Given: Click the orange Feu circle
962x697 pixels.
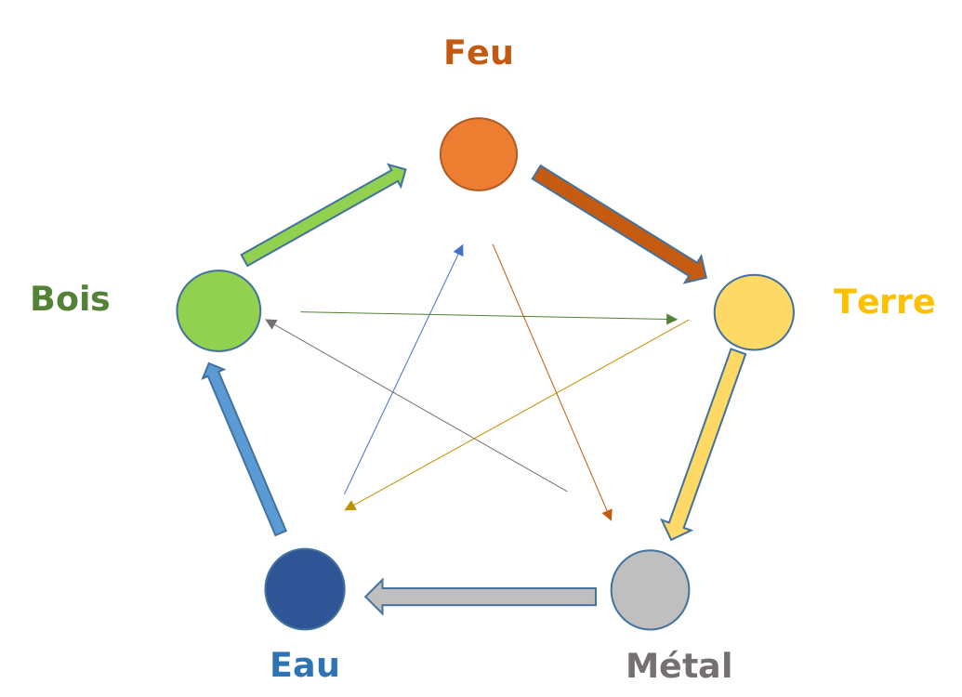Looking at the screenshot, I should tap(479, 154).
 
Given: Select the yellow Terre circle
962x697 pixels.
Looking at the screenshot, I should tap(754, 312).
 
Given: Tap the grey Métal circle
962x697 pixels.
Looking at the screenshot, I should tap(650, 589).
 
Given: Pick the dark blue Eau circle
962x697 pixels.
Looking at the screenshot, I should tap(305, 589).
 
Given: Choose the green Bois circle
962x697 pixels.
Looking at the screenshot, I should tap(218, 310).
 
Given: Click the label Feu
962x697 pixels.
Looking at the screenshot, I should tap(478, 53).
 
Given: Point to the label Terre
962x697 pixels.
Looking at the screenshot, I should tap(883, 302).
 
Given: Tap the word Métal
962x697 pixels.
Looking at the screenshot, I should tap(679, 665).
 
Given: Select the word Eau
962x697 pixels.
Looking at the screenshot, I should tap(304, 665).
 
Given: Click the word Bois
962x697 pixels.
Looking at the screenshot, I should tap(70, 299).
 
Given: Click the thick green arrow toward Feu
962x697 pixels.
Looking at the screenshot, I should tap(323, 216).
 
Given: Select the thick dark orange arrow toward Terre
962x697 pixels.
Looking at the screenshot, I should tap(619, 223).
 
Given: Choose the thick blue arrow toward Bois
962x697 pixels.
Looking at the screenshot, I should tap(245, 448).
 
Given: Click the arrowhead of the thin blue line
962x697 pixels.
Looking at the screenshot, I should tap(459, 250).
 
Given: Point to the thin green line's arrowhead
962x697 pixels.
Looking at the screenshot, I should tap(672, 320).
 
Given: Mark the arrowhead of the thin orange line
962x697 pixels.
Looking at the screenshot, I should tap(608, 515).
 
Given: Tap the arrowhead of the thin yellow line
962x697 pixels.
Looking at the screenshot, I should tap(350, 506).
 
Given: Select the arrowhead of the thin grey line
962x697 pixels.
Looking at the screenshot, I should tap(270, 323).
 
